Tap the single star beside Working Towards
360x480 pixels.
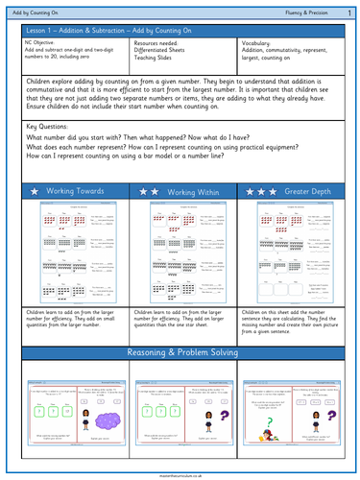click(x=35, y=193)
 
